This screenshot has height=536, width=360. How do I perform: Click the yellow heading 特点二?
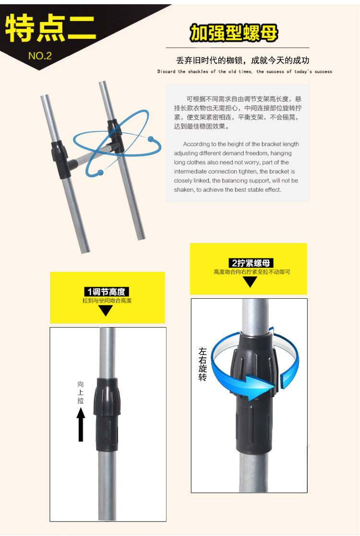point(51,29)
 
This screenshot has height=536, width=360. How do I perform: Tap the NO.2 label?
point(40,56)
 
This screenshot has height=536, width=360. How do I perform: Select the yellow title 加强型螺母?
point(234,33)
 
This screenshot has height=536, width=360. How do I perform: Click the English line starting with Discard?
point(245,72)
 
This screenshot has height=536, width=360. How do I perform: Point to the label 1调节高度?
point(107,292)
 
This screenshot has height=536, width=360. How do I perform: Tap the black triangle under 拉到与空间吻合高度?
point(106,310)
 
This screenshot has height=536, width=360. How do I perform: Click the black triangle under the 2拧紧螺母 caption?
point(250,281)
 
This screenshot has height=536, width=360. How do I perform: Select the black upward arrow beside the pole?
point(81,424)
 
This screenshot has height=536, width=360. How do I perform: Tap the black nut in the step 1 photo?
point(107,414)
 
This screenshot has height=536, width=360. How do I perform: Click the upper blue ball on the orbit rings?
point(152,139)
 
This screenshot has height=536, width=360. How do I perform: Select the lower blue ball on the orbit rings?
point(100,172)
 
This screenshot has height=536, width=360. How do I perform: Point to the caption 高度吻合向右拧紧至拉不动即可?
point(252,272)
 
